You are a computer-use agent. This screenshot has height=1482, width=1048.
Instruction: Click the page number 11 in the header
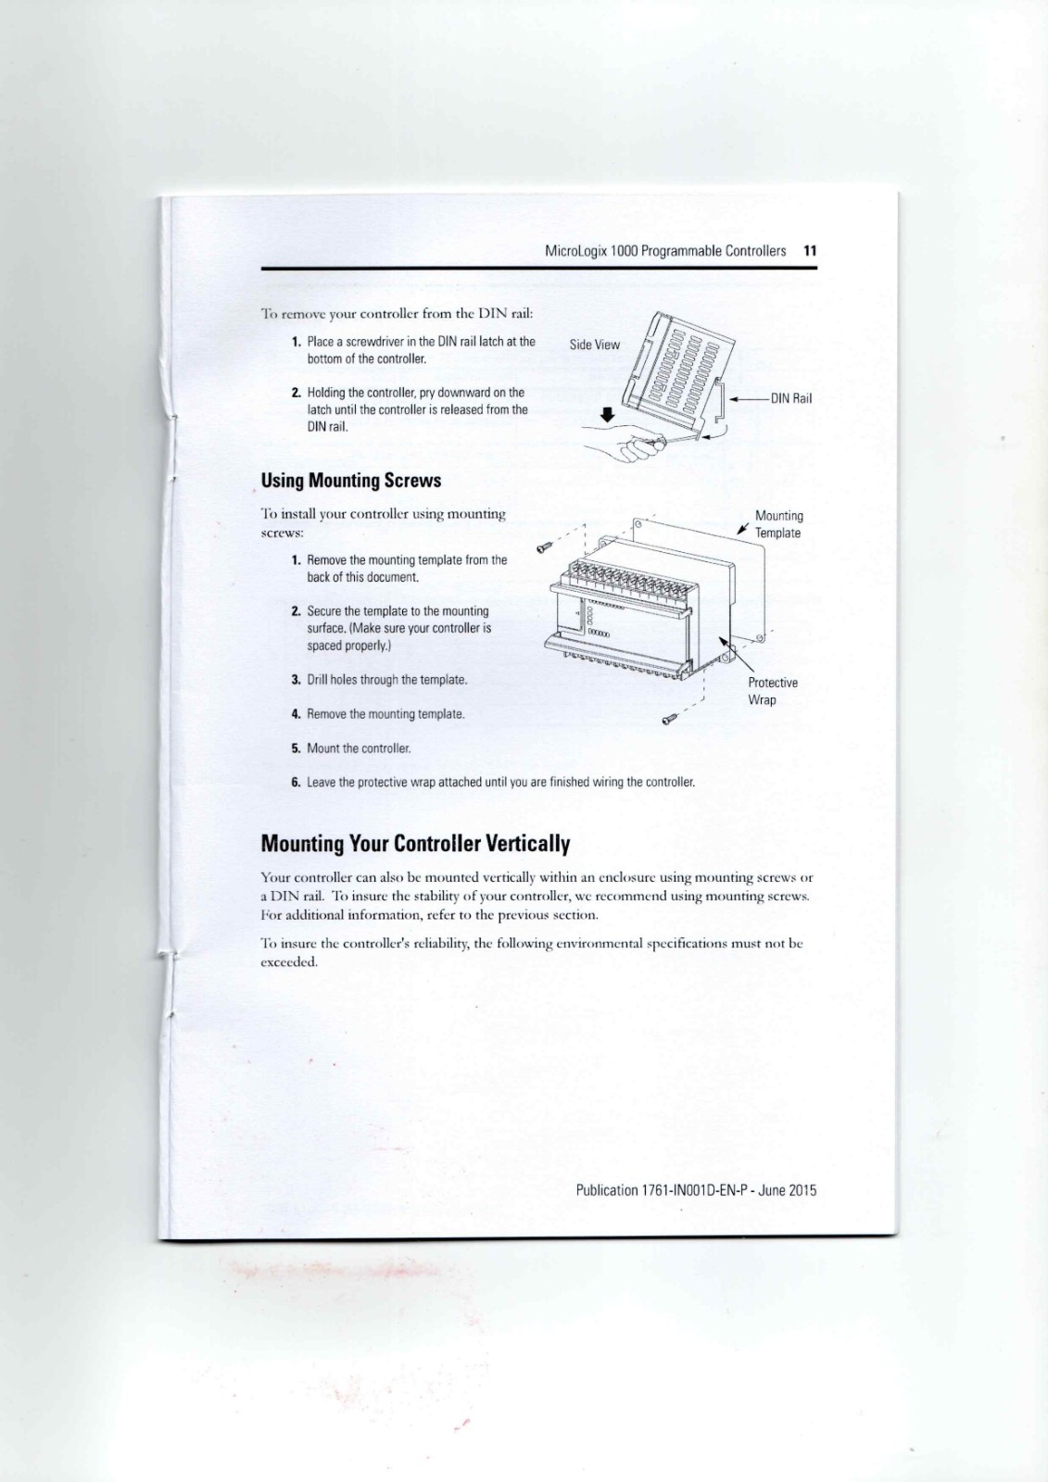click(810, 251)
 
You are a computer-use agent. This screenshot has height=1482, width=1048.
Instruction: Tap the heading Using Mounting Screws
click(350, 481)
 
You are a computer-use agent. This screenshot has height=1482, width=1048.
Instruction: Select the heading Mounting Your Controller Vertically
click(415, 844)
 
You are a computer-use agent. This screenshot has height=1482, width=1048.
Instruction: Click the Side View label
click(594, 345)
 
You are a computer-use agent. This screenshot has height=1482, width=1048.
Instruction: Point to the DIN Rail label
click(790, 398)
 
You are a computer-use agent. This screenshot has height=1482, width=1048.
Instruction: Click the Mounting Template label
click(778, 524)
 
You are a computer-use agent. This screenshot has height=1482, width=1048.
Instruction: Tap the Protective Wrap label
click(772, 691)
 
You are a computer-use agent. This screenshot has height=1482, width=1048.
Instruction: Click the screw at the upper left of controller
click(547, 546)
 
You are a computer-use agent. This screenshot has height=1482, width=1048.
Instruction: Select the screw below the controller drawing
click(668, 718)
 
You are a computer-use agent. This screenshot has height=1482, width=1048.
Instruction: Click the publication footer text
click(696, 1190)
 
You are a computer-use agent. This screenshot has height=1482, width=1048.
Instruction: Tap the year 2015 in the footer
click(802, 1190)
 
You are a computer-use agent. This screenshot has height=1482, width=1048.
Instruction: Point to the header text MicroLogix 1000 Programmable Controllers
click(664, 251)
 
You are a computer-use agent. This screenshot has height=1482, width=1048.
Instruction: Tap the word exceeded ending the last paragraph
click(289, 961)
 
